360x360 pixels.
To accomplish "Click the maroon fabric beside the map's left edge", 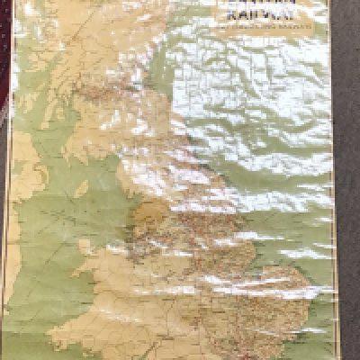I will tap(4, 225).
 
